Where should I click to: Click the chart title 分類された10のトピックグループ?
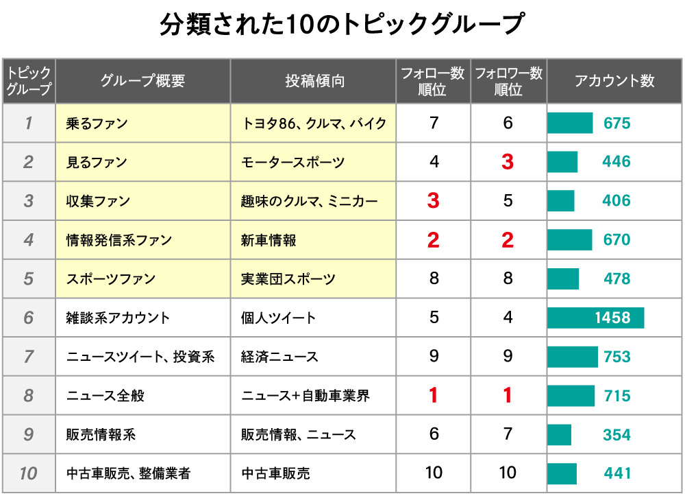click(x=342, y=25)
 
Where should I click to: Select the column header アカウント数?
click(x=614, y=81)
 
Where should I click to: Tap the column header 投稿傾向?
click(x=314, y=81)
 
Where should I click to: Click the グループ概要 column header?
click(x=142, y=81)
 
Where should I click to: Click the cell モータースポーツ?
click(x=292, y=163)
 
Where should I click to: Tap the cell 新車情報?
click(x=269, y=240)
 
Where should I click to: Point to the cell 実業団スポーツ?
click(x=288, y=279)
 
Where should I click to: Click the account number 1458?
click(x=612, y=318)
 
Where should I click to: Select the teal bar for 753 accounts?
click(x=572, y=357)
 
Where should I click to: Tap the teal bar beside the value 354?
click(x=559, y=435)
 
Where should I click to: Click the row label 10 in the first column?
click(x=28, y=473)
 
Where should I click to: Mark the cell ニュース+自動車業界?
click(x=305, y=396)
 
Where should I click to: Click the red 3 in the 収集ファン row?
click(x=433, y=201)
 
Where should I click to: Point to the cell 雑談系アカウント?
click(x=118, y=318)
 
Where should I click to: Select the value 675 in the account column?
click(x=616, y=123)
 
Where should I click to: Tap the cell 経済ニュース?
click(x=279, y=357)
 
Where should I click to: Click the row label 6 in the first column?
click(x=28, y=318)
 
